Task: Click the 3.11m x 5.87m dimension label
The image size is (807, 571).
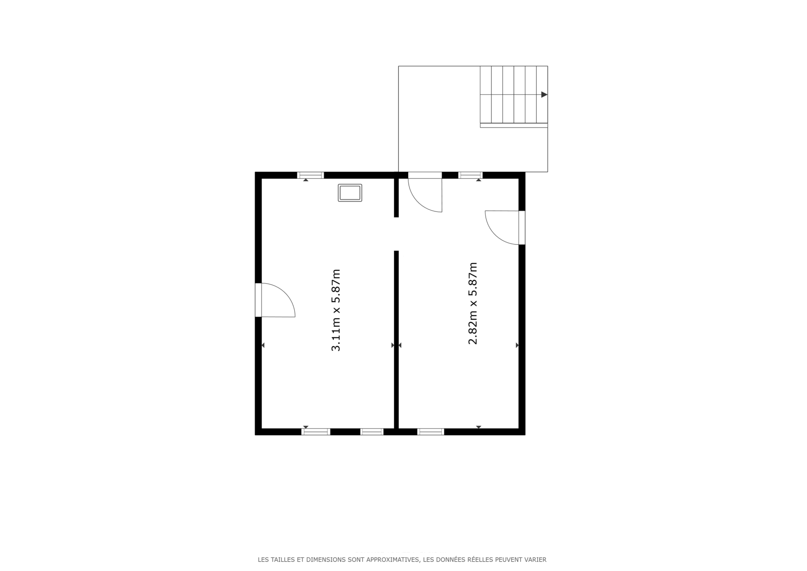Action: (335, 310)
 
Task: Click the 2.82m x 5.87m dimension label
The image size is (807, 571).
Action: (473, 304)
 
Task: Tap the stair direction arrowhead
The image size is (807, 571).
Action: (544, 95)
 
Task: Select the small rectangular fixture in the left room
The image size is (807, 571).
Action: (350, 193)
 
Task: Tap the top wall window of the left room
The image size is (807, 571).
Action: (311, 175)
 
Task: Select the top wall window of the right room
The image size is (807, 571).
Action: (470, 175)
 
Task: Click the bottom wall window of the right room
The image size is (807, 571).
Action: (431, 432)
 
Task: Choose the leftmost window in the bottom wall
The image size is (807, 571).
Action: (316, 432)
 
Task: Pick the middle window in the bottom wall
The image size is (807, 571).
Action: (372, 432)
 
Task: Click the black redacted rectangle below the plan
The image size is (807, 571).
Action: (400, 484)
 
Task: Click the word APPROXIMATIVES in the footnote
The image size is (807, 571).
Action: (393, 560)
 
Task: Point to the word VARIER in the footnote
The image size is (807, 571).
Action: (535, 560)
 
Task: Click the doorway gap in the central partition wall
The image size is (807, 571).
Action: (396, 234)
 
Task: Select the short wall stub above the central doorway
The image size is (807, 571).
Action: (396, 198)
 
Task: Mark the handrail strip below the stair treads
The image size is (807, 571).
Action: (514, 125)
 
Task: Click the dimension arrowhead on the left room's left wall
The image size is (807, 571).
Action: (263, 345)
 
